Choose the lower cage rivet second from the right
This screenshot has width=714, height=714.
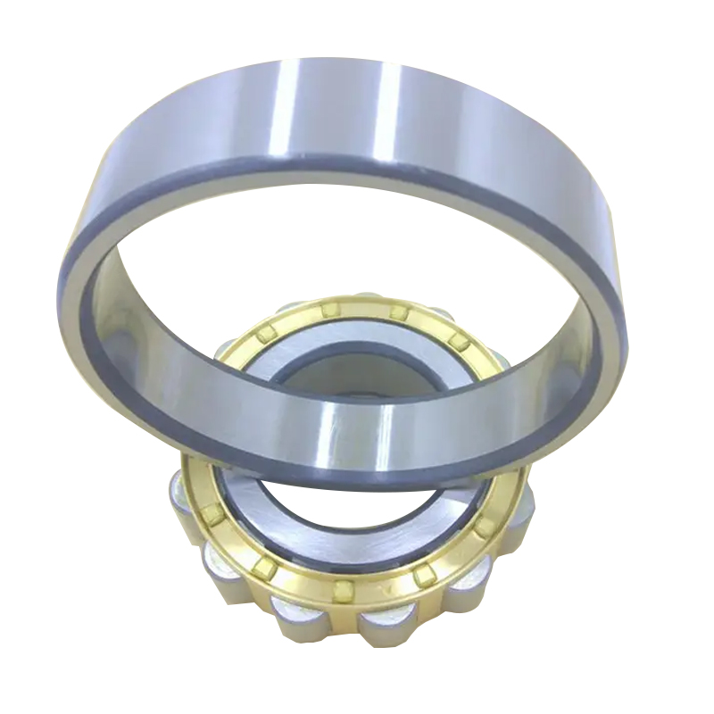(423, 577)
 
